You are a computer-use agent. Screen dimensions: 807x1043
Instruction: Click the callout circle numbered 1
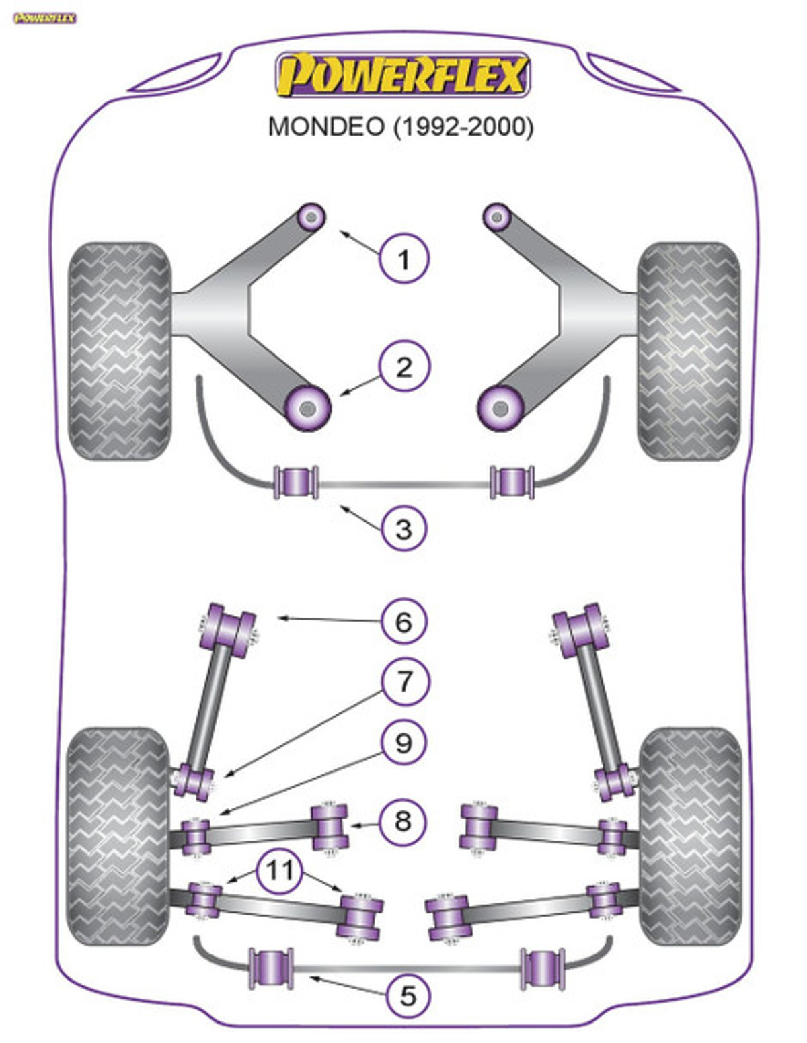tap(403, 259)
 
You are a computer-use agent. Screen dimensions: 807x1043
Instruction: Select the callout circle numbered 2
tap(403, 367)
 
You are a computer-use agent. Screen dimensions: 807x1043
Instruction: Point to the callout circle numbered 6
tap(403, 622)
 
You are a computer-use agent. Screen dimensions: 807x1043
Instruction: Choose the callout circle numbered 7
tap(403, 681)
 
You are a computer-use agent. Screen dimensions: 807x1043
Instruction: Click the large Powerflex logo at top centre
tap(402, 75)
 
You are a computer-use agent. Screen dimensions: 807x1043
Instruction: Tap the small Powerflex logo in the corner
tap(44, 18)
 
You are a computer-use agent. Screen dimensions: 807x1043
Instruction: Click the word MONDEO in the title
tap(326, 127)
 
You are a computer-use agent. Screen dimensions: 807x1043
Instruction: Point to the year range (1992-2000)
tap(463, 127)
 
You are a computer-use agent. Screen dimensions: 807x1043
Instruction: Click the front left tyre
tap(119, 351)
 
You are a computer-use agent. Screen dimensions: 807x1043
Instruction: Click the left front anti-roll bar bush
tap(295, 482)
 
